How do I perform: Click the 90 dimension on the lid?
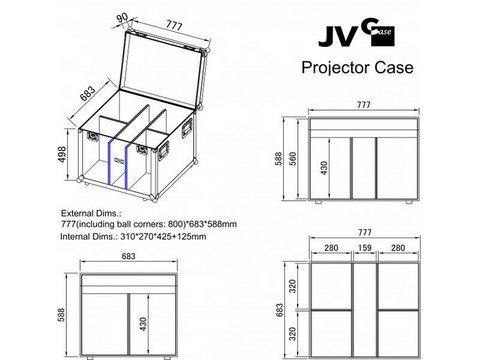(x=123, y=18)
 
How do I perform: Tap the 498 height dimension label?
(x=62, y=155)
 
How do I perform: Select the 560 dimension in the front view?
(x=293, y=159)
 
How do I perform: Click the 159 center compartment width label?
(x=364, y=248)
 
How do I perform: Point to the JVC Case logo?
(x=356, y=36)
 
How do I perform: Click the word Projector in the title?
(x=336, y=68)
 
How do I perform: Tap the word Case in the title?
(x=394, y=67)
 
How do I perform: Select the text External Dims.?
(x=91, y=213)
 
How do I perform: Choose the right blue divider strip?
(x=127, y=166)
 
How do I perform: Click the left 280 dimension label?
(x=331, y=248)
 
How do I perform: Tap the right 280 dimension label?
(x=398, y=248)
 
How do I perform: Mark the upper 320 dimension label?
(x=293, y=286)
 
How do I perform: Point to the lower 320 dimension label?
(x=293, y=334)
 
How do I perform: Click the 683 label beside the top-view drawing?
(x=280, y=310)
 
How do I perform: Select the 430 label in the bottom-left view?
(x=143, y=324)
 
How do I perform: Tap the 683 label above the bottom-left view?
(x=129, y=256)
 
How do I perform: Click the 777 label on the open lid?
(x=174, y=25)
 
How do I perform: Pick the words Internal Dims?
(x=89, y=237)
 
